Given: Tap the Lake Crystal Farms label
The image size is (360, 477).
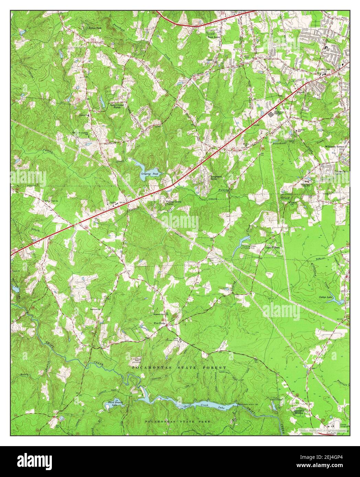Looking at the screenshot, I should [118, 106].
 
